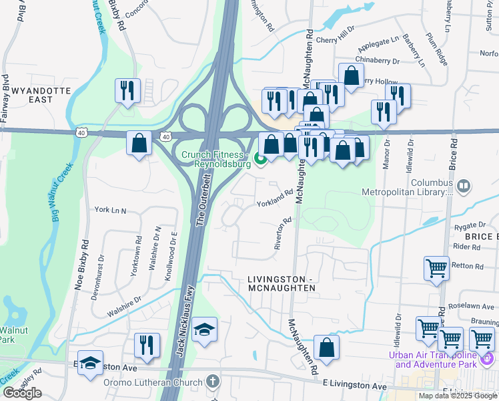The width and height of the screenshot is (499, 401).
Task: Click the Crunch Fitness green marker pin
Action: (261, 159)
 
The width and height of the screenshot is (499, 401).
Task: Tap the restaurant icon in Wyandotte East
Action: (127, 91)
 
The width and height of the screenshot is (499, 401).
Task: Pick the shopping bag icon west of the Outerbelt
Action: (139, 143)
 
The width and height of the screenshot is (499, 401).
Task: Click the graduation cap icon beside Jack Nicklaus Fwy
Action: (205, 329)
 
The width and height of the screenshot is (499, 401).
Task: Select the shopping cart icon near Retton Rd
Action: (436, 268)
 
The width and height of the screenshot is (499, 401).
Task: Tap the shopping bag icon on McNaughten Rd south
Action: (326, 348)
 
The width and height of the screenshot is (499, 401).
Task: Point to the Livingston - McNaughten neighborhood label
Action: (281, 283)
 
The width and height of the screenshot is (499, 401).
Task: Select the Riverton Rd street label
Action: (284, 233)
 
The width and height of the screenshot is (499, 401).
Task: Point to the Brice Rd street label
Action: (454, 153)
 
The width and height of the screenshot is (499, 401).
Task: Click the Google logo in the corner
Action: (22, 393)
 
